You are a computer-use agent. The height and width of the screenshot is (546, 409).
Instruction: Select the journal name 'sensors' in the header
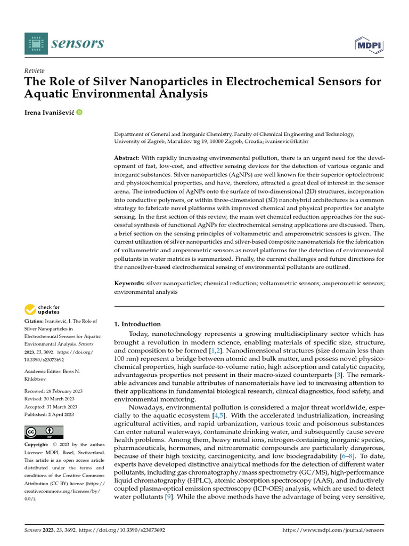(77, 43)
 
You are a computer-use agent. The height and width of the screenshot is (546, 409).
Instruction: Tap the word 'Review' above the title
(35, 71)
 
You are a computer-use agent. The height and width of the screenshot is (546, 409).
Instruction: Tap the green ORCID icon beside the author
(79, 112)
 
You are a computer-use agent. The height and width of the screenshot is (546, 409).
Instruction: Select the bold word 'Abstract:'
(127, 158)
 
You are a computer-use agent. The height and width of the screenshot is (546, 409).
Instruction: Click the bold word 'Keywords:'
(128, 283)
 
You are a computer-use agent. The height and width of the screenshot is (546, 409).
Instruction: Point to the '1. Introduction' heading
(137, 324)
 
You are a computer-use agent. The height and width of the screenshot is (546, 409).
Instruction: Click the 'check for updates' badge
(42, 309)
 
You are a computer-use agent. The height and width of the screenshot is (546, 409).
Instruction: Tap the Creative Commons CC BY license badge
(44, 432)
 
